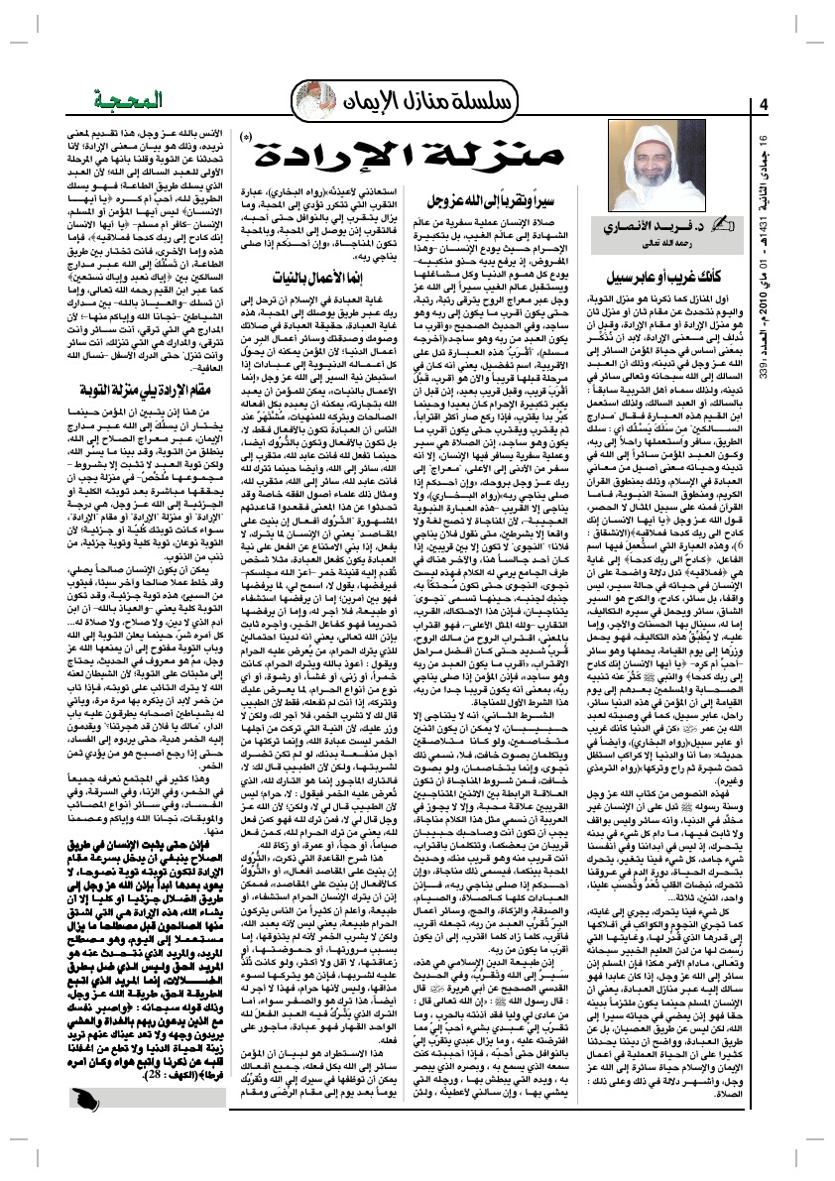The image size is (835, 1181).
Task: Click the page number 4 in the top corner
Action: (764, 105)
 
